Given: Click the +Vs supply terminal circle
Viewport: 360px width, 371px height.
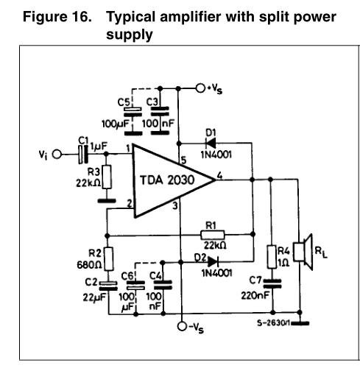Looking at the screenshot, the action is click(200, 88).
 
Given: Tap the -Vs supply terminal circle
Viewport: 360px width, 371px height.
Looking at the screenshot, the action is click(182, 326).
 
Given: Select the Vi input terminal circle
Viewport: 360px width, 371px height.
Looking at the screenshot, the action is click(57, 155).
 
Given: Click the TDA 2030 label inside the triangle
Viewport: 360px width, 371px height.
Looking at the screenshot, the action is click(167, 180).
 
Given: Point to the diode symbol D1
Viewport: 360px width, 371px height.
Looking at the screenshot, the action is click(211, 143).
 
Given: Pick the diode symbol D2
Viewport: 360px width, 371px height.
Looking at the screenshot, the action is click(213, 261).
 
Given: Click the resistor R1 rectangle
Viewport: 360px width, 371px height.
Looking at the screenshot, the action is click(213, 235).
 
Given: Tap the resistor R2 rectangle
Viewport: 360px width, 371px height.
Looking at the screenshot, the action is click(109, 259).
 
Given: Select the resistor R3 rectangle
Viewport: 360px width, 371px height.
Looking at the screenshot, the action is click(107, 177).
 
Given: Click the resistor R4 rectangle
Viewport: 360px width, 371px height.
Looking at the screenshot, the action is click(272, 256).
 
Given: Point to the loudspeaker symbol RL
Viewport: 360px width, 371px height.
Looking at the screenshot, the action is click(303, 252).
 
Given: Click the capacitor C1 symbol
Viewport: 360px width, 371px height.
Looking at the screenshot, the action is click(83, 155).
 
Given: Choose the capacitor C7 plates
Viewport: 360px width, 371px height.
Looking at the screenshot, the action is click(272, 283).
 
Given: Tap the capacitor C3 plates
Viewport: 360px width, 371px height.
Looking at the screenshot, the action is click(160, 111).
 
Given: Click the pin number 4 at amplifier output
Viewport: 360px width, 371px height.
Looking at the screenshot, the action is click(219, 175).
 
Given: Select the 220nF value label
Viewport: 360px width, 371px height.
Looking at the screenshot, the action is click(255, 295).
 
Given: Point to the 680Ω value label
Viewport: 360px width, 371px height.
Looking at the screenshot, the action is click(89, 265).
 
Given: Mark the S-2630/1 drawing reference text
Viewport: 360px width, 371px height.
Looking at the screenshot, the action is click(273, 323).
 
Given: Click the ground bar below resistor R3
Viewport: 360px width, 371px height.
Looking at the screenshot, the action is click(107, 201).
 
